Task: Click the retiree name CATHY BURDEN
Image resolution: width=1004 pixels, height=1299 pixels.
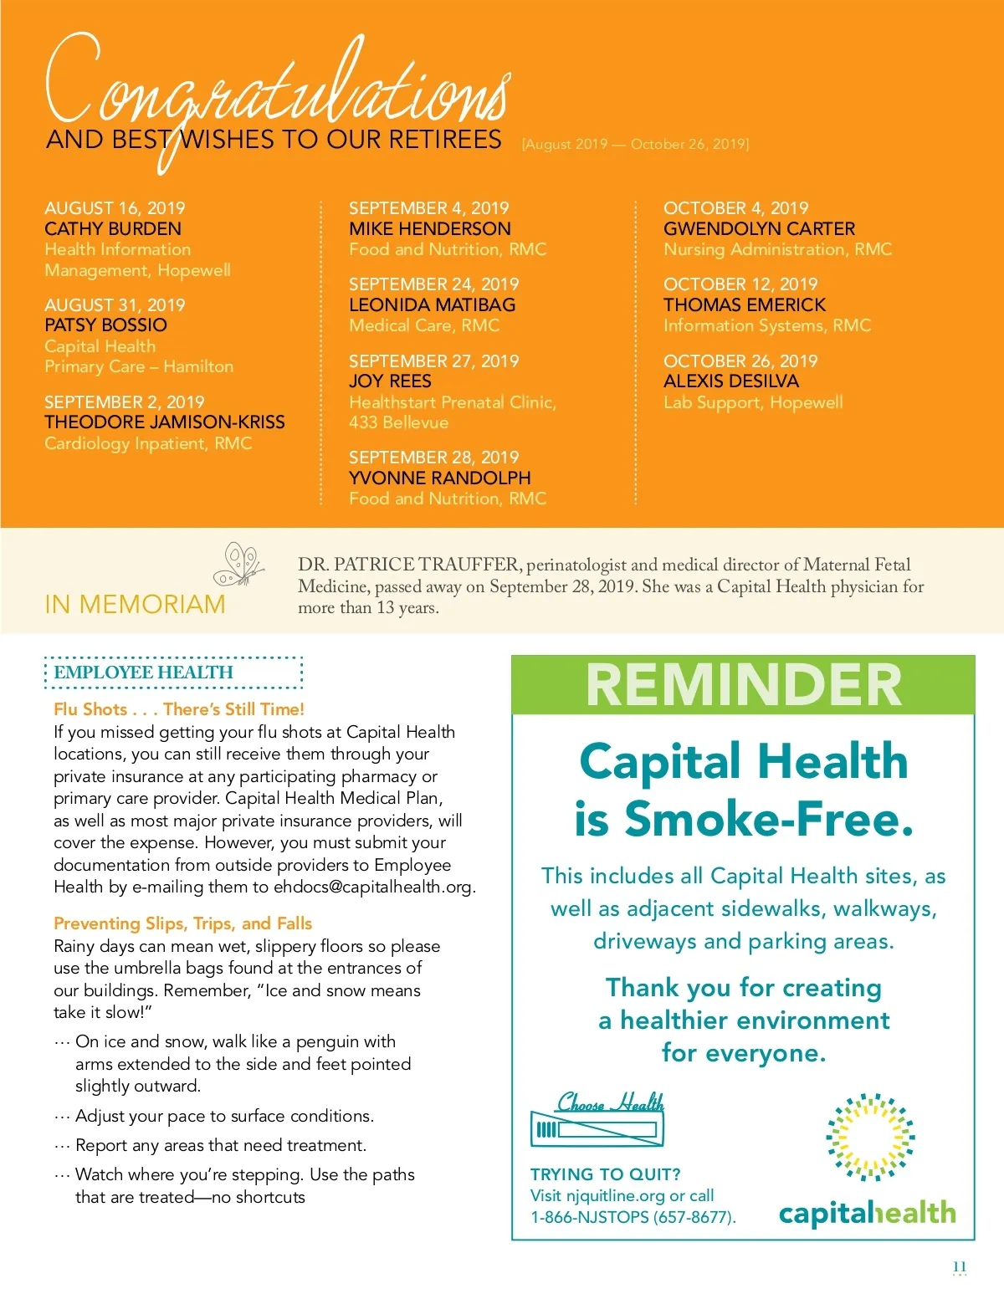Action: (x=113, y=229)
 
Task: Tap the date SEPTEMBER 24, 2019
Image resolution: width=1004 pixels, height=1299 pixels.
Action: (x=433, y=284)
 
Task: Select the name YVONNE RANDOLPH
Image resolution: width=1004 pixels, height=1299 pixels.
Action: (x=439, y=478)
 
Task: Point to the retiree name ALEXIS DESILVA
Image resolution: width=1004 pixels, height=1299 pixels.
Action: (x=730, y=381)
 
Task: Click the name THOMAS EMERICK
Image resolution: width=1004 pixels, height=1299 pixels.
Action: (x=744, y=305)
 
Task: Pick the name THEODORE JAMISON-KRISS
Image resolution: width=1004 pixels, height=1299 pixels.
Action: (x=165, y=422)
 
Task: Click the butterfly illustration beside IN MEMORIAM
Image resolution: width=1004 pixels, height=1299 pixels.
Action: (x=239, y=564)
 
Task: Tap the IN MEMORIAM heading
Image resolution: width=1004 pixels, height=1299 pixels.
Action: (x=135, y=604)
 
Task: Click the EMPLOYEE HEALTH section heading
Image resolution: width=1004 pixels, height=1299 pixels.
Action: (x=143, y=673)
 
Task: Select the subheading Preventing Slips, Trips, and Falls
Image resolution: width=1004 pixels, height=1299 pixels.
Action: (x=182, y=923)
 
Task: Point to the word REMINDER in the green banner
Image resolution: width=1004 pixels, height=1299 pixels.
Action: (x=743, y=685)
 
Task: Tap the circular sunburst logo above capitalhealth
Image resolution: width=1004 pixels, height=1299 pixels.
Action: (x=870, y=1137)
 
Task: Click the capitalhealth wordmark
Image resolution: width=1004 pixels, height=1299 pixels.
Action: (x=867, y=1213)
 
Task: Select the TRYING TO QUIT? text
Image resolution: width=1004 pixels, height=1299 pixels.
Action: (x=605, y=1174)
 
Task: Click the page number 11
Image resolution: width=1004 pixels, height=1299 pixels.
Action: (x=959, y=1266)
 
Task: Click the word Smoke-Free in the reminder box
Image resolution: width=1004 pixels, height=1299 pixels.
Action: (x=768, y=819)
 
